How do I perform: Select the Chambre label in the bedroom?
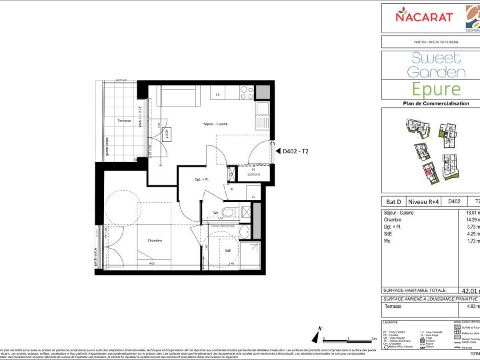click(x=155, y=241)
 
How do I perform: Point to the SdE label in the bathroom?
click(x=228, y=251)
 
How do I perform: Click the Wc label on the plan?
click(x=217, y=213)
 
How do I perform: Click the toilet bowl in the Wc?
click(x=229, y=213)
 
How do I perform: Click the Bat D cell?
click(x=393, y=201)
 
